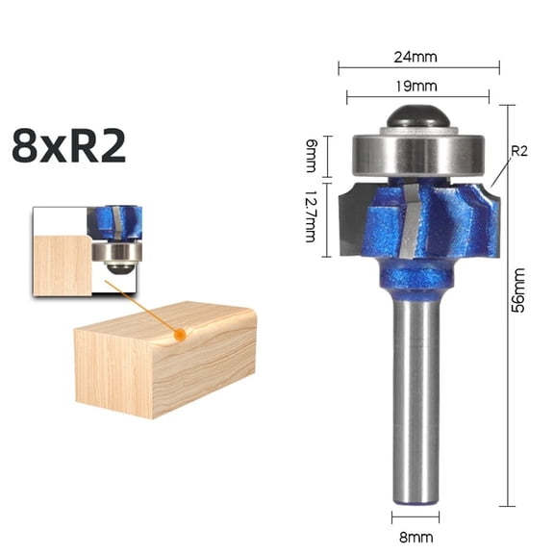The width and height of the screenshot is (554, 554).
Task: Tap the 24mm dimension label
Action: point(418,55)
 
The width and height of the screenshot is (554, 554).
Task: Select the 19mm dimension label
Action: point(418,85)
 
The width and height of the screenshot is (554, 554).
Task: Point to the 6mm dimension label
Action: point(311,153)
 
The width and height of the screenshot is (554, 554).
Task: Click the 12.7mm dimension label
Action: point(311,215)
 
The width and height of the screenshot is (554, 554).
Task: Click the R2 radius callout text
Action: point(518,151)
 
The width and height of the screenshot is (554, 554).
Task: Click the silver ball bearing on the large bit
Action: point(418,152)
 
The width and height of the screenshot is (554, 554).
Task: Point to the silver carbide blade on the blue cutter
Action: point(412,226)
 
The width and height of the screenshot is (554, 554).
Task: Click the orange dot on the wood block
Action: point(180,335)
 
